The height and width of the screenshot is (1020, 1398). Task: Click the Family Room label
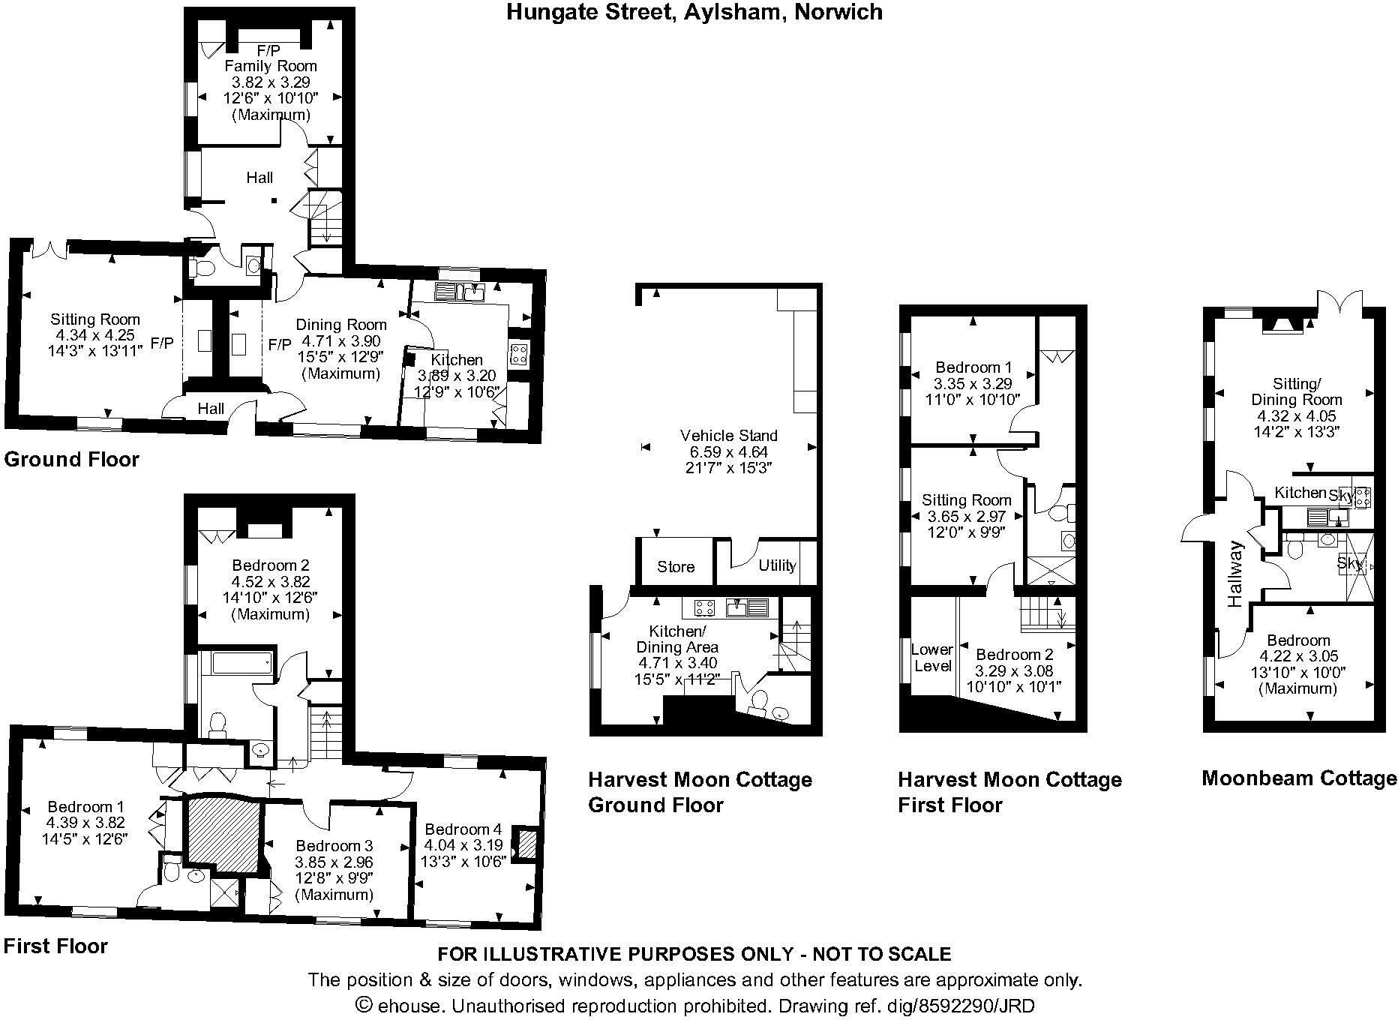point(271,66)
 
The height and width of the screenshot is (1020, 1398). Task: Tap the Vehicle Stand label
point(728,435)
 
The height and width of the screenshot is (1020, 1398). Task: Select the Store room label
point(676,567)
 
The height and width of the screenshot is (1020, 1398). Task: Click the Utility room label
point(777,565)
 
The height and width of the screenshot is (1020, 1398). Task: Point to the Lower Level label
point(932,658)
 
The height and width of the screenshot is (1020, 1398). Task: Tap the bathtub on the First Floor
point(241,663)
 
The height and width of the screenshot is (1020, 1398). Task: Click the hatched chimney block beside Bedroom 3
point(222,831)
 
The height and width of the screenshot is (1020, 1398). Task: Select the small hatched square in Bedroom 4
point(528,844)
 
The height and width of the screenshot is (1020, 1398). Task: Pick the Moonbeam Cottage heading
point(1299,778)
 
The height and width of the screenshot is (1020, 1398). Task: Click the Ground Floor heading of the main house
point(72,459)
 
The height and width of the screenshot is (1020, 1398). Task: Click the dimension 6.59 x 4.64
point(728,451)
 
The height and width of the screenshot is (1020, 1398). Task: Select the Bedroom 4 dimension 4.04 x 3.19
point(463,845)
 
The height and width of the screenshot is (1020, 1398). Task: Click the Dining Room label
point(341,325)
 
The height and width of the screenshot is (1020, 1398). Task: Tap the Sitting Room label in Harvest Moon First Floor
point(966,500)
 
